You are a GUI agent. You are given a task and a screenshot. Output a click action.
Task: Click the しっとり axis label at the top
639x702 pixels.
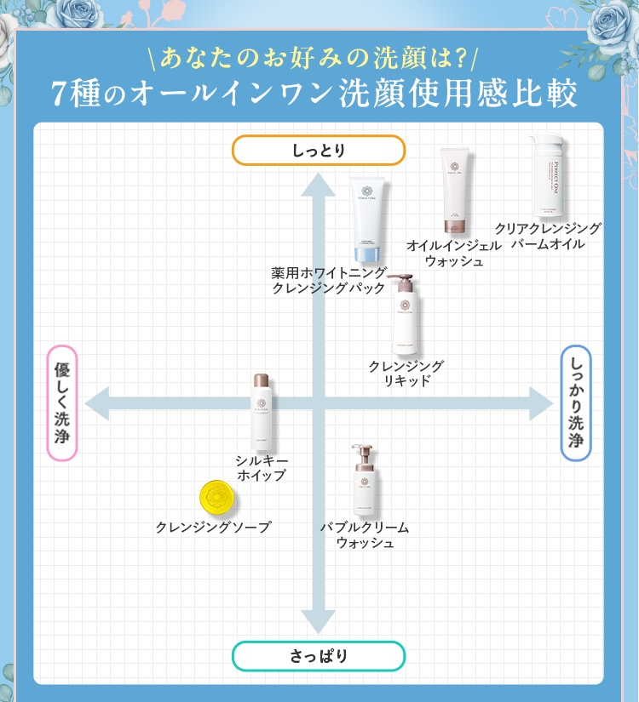pyautogui.click(x=319, y=151)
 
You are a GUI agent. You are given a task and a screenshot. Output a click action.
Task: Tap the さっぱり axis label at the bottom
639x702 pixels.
pyautogui.click(x=319, y=656)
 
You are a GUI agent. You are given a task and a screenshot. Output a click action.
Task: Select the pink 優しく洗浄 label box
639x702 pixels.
pyautogui.click(x=62, y=402)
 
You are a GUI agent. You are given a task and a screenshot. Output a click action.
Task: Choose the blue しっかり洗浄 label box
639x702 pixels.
pyautogui.click(x=576, y=402)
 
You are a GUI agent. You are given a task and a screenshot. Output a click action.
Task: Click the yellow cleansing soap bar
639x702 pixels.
pyautogui.click(x=216, y=497)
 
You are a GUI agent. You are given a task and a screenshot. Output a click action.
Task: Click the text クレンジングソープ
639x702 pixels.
pyautogui.click(x=213, y=528)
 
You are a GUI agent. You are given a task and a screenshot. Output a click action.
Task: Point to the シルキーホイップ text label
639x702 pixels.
pyautogui.click(x=261, y=467)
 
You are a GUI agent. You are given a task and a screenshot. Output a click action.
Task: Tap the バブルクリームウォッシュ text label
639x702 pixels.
pyautogui.click(x=365, y=534)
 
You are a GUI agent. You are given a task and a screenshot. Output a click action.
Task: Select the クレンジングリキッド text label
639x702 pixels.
pyautogui.click(x=406, y=373)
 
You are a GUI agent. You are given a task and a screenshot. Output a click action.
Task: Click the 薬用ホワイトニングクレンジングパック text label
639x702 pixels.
pyautogui.click(x=329, y=280)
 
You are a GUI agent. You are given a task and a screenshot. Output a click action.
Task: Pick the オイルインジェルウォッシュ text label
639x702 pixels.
pyautogui.click(x=453, y=253)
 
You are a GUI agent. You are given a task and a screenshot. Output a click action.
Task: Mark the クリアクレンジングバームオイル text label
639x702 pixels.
pyautogui.click(x=548, y=236)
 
